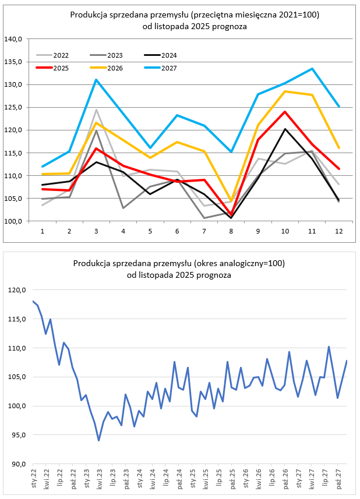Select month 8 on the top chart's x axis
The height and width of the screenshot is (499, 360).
tap(231, 231)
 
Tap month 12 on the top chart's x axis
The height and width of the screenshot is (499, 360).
tap(338, 231)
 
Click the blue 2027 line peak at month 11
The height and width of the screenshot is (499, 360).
tap(312, 69)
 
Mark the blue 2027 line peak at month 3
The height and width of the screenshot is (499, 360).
tap(96, 80)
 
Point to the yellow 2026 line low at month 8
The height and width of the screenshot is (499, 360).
tap(231, 201)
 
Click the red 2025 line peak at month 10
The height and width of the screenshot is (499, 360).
tap(285, 112)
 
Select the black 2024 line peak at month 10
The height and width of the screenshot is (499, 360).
tap(285, 129)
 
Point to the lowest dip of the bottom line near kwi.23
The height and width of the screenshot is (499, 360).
tap(99, 440)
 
